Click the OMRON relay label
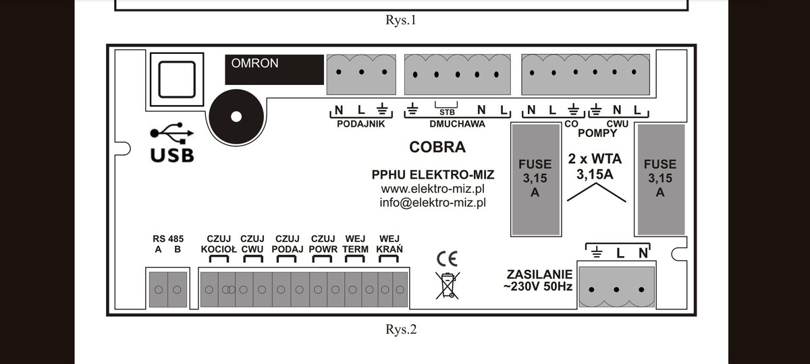(x=255, y=63)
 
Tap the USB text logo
(x=172, y=154)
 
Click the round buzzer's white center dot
(x=236, y=116)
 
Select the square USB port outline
(x=176, y=80)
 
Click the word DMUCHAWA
(x=457, y=124)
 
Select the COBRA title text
(x=437, y=147)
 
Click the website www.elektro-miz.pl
(x=433, y=189)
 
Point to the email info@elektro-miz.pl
(x=433, y=202)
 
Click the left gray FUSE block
(x=535, y=179)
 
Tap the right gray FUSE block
(x=660, y=179)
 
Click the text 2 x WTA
(x=595, y=160)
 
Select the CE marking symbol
(x=447, y=260)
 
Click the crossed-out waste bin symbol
(x=447, y=285)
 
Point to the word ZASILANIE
(x=539, y=274)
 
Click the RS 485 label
(x=167, y=238)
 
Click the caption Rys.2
(x=401, y=330)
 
